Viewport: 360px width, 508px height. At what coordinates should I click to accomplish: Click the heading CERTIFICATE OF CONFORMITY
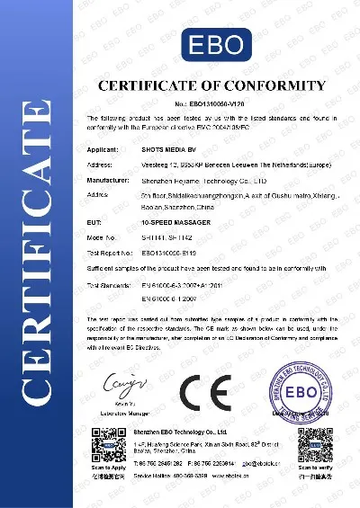(x=206, y=86)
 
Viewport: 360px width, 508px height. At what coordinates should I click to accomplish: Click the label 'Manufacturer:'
(x=109, y=179)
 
